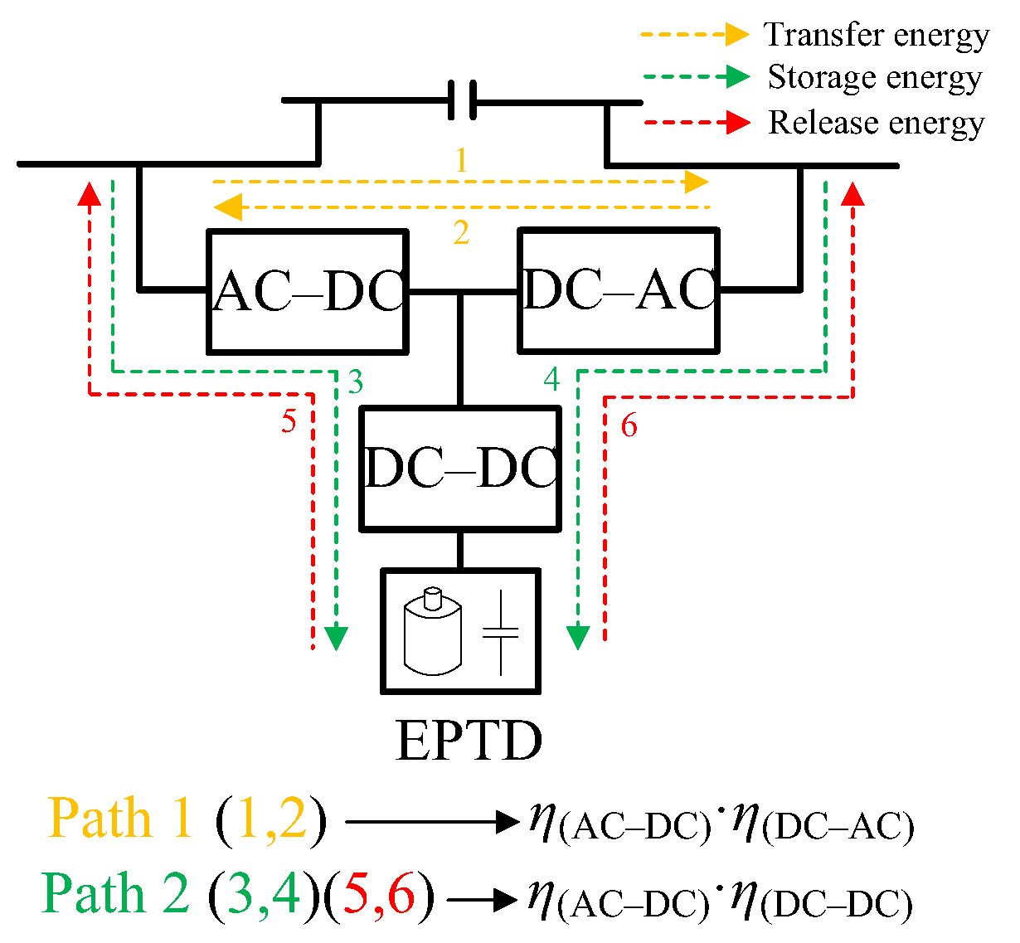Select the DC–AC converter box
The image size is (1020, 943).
click(619, 289)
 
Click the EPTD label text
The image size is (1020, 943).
click(469, 740)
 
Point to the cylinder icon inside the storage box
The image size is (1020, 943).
click(431, 630)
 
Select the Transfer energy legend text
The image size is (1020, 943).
click(876, 35)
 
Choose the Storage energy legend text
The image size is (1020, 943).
click(874, 77)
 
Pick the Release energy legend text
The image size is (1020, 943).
click(876, 122)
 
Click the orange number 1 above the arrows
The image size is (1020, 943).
click(461, 160)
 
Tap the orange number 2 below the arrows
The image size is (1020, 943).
click(461, 233)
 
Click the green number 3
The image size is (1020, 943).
click(355, 382)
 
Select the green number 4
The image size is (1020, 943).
click(551, 380)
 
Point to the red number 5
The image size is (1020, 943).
click(288, 421)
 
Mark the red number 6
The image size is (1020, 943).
click(629, 425)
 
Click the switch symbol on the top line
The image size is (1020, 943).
click(462, 101)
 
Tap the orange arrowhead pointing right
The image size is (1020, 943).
click(697, 182)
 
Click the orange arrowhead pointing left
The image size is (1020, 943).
click(227, 207)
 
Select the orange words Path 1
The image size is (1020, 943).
click(121, 819)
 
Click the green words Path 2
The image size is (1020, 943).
click(116, 894)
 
